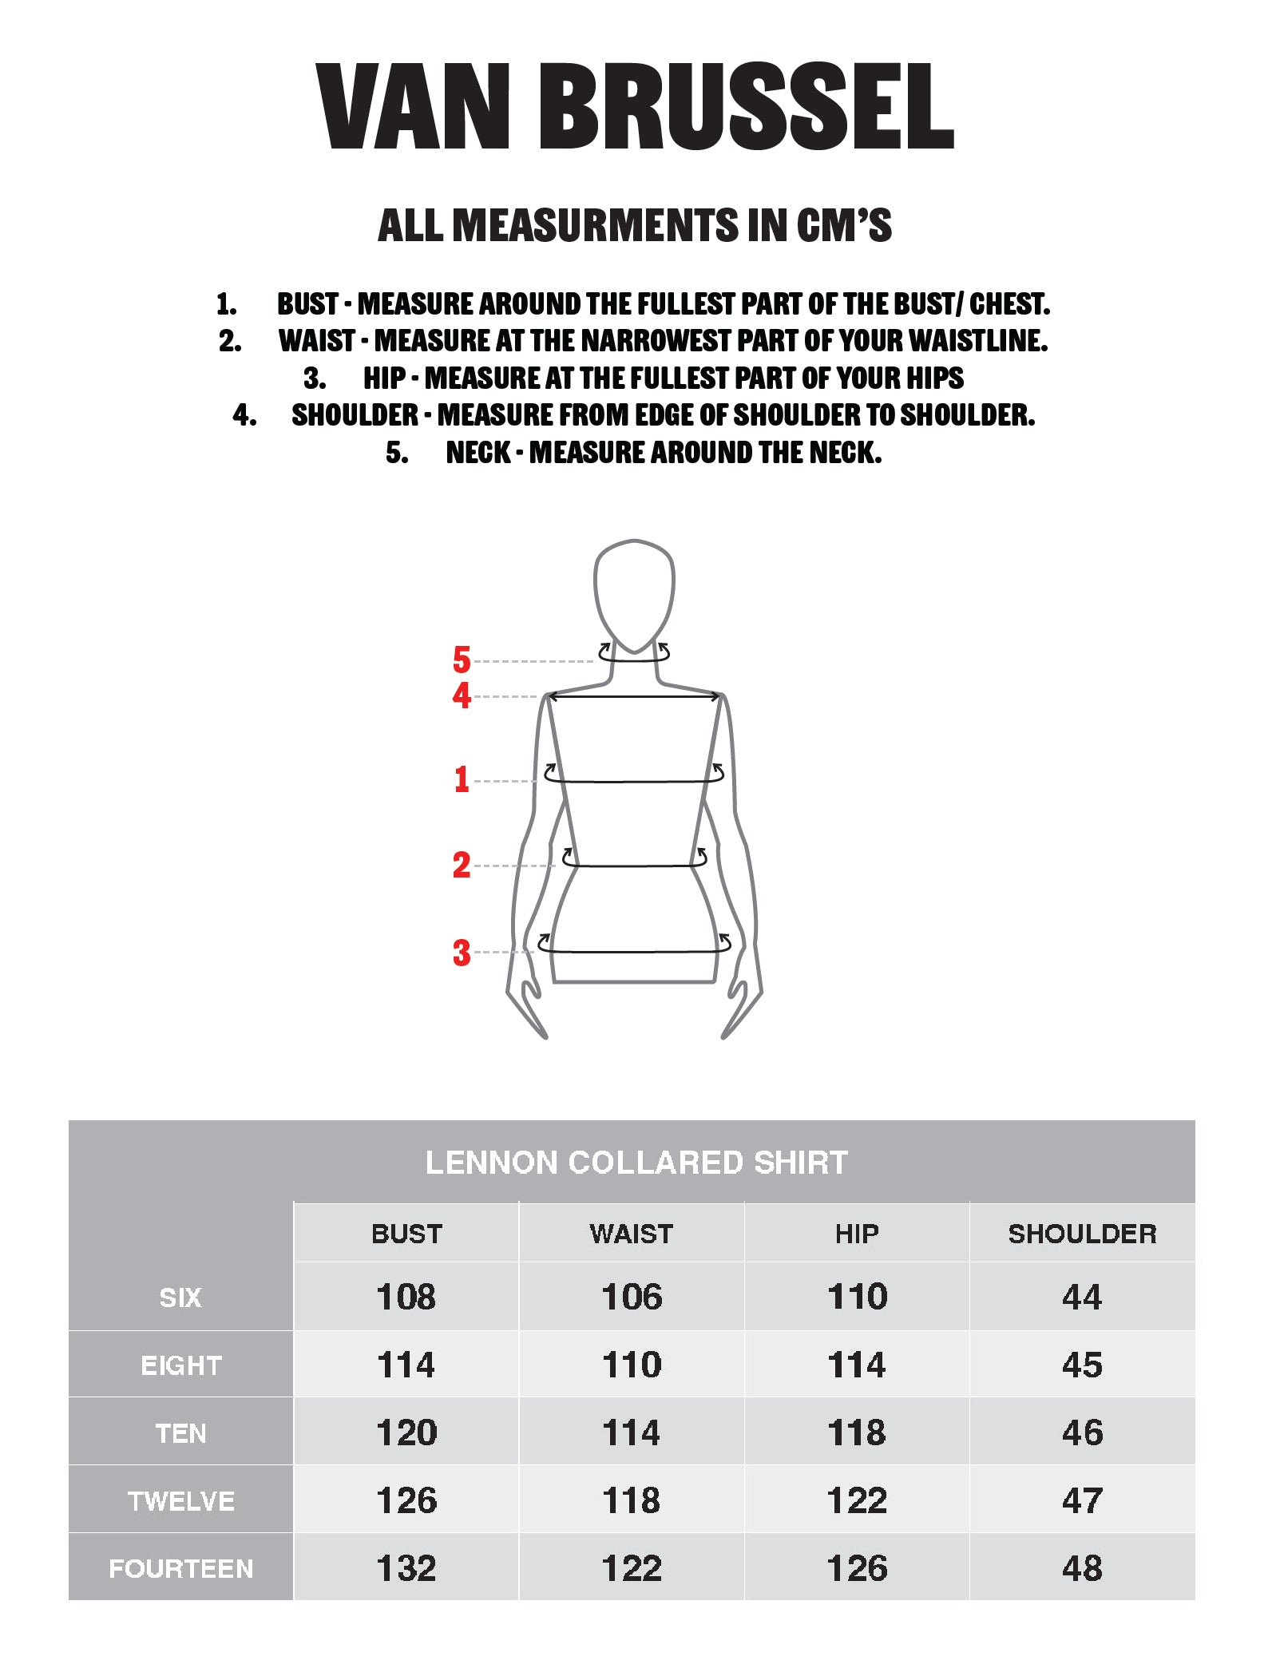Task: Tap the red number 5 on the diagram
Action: [x=462, y=660]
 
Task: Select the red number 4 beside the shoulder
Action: [x=462, y=695]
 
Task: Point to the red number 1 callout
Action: [x=462, y=779]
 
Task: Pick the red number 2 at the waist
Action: [x=462, y=865]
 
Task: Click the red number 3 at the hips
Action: [x=462, y=953]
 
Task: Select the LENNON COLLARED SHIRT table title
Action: [x=636, y=1163]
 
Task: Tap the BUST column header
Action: [x=406, y=1234]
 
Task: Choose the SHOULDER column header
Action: [x=1082, y=1234]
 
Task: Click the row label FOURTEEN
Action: [x=181, y=1568]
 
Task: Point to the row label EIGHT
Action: [x=181, y=1365]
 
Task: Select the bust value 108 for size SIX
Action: [x=406, y=1297]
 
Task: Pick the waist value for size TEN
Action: [x=632, y=1432]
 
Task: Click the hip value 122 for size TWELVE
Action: [x=857, y=1500]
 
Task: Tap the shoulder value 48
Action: [x=1082, y=1568]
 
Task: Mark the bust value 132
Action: [x=406, y=1568]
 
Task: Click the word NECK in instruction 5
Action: [x=478, y=453]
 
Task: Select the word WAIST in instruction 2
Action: [x=316, y=341]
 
